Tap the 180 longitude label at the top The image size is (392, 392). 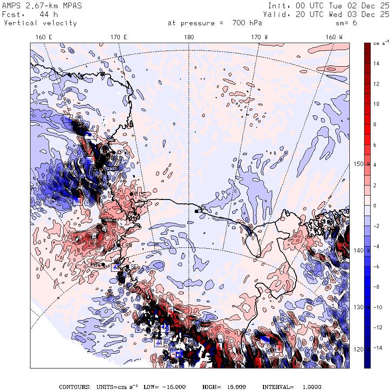coord(189,37)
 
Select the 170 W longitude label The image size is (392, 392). coord(260,37)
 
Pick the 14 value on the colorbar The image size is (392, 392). coord(376,64)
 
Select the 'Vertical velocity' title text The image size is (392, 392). coord(40,23)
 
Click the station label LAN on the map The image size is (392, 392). coord(127,245)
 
